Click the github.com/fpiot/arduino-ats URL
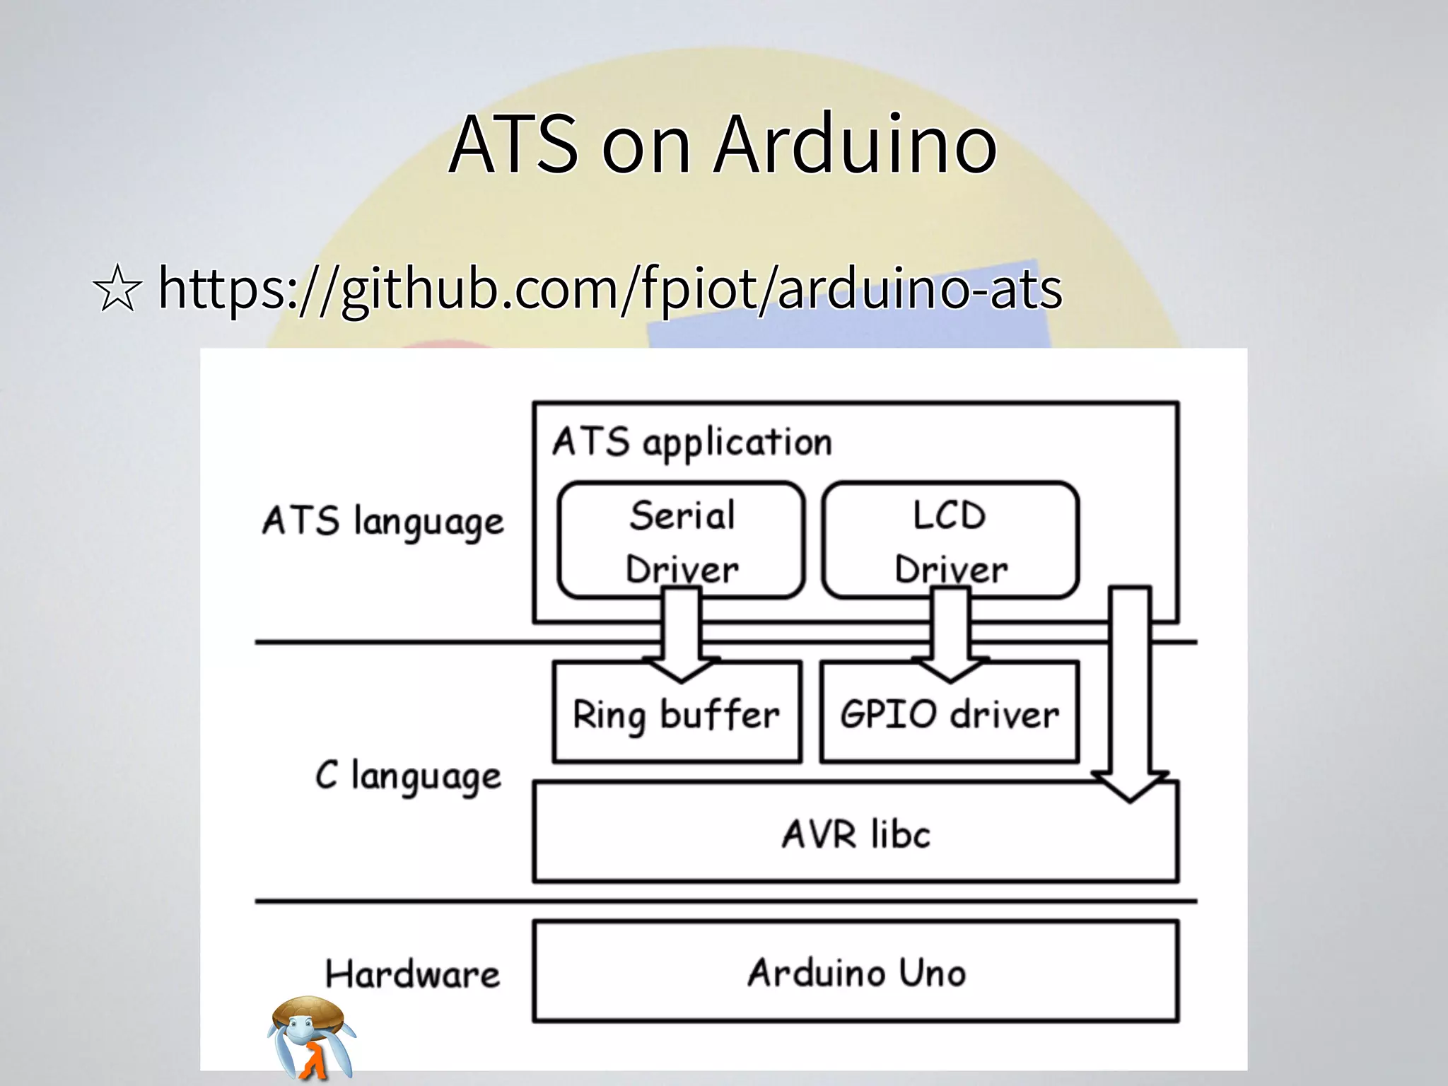click(609, 288)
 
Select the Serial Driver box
click(682, 541)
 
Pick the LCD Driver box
click(950, 541)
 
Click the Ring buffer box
click(677, 714)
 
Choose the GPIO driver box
click(950, 714)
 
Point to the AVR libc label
click(856, 834)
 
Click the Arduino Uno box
click(856, 972)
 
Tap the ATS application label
click(691, 443)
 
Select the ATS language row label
click(383, 522)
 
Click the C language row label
click(408, 776)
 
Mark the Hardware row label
click(412, 974)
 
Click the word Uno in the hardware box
click(932, 973)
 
